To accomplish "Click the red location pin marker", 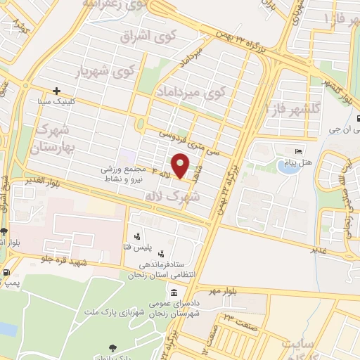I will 181,165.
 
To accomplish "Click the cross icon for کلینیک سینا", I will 57,91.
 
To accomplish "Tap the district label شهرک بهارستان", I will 54,139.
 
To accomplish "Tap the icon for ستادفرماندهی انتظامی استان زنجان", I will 162,253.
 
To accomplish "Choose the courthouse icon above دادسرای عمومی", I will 173,292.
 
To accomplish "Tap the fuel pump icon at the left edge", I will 6,274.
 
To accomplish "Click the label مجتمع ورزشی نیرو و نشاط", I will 124,174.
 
